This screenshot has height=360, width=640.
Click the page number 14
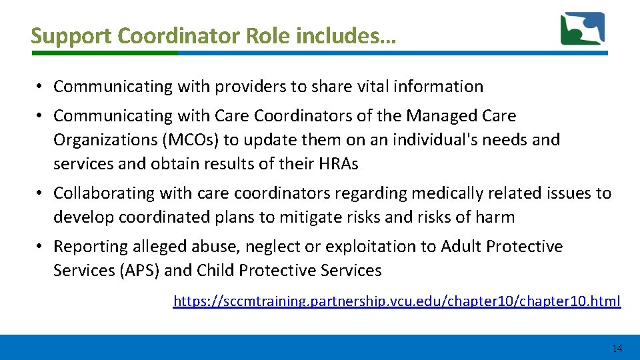pos(617,349)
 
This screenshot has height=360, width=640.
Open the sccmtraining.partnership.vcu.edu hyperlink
pos(397,301)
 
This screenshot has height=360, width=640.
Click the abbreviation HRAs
pos(337,164)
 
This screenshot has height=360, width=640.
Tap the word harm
pos(495,217)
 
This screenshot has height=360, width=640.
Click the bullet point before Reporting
pos(41,247)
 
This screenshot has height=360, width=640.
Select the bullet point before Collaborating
pos(41,193)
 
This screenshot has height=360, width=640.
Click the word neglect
pos(273,247)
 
